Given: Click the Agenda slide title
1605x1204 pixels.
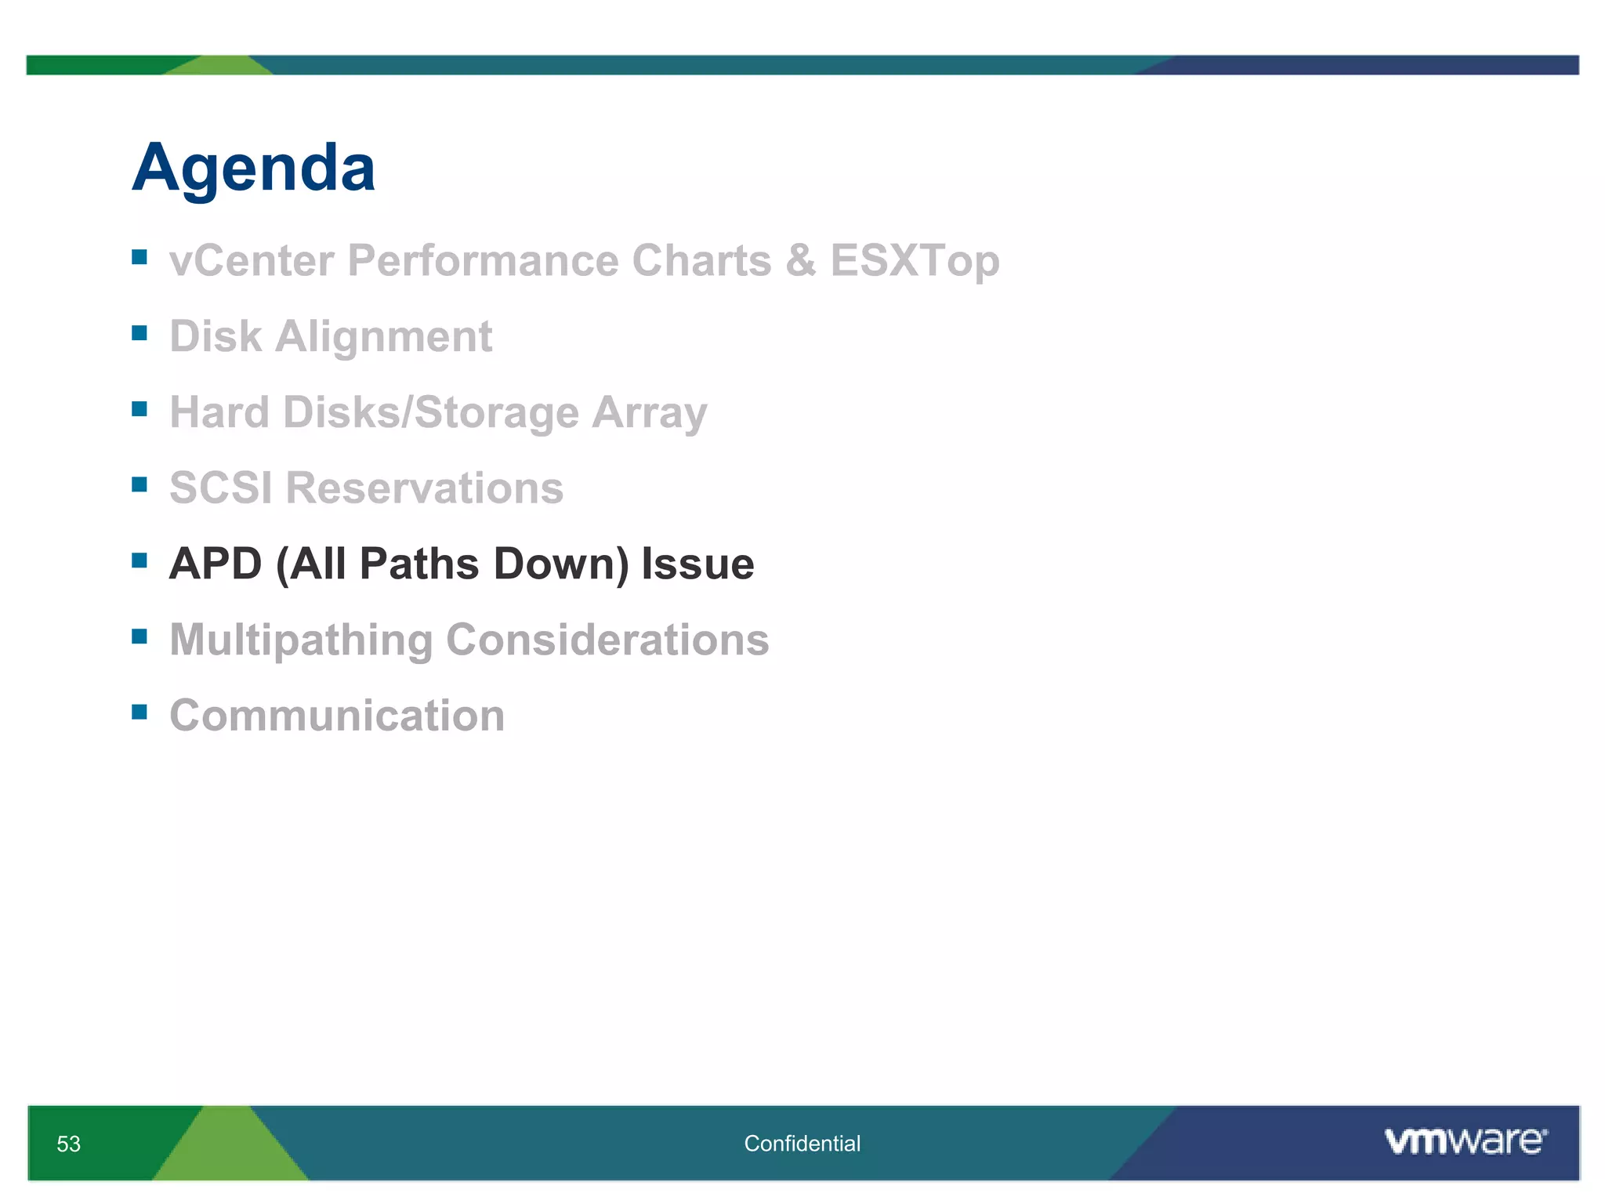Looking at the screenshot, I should pyautogui.click(x=253, y=168).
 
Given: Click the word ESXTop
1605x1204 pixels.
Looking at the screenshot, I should pyautogui.click(x=915, y=260).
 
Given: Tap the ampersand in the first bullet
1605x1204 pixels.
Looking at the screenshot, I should pyautogui.click(x=800, y=260).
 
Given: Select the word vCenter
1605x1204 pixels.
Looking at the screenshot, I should pyautogui.click(x=251, y=260).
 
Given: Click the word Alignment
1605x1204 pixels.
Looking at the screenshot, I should pyautogui.click(x=383, y=337).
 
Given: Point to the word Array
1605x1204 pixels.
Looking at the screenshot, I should pyautogui.click(x=649, y=412).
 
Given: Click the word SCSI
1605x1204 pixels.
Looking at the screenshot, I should pyautogui.click(x=220, y=488).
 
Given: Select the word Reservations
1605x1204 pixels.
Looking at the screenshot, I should pyautogui.click(x=424, y=488).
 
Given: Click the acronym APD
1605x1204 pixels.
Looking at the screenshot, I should pyautogui.click(x=216, y=564).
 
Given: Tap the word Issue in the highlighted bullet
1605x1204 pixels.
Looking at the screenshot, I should pyautogui.click(x=697, y=564).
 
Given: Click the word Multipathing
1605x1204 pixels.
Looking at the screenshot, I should pyautogui.click(x=301, y=640).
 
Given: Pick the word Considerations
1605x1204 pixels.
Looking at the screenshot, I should pyautogui.click(x=607, y=640).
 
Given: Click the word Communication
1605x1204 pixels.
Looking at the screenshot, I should pyautogui.click(x=337, y=716).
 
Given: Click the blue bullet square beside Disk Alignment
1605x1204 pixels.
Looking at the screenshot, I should pyautogui.click(x=139, y=333).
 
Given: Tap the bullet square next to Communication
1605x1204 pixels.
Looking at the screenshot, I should pyautogui.click(x=139, y=712).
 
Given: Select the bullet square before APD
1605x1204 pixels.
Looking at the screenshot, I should pyautogui.click(x=139, y=560).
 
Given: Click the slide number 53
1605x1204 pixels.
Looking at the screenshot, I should pyautogui.click(x=68, y=1144).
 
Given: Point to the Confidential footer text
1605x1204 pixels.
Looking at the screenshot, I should pyautogui.click(x=802, y=1144).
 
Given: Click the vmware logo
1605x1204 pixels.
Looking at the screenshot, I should pyautogui.click(x=1466, y=1141).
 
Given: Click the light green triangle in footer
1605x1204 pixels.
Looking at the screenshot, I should pyautogui.click(x=229, y=1152).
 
